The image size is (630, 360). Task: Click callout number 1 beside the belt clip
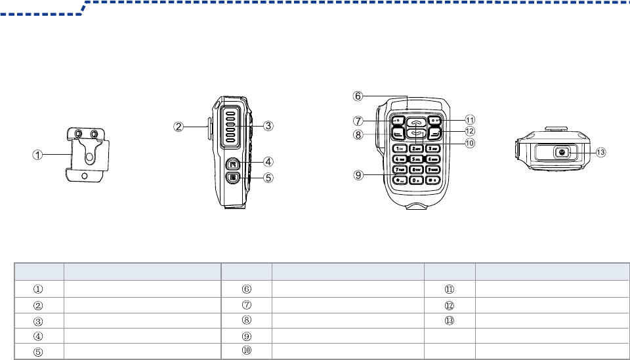point(39,155)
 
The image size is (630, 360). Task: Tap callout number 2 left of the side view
point(178,126)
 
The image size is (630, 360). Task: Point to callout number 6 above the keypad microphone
point(358,96)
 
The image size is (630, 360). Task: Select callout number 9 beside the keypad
point(358,175)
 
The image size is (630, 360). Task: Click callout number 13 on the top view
point(601,152)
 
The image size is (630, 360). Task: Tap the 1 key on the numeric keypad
point(398,149)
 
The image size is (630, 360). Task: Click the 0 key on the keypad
point(415,179)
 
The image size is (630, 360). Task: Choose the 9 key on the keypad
point(432,169)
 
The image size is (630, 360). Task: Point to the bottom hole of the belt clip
point(85,176)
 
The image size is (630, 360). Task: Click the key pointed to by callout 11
point(435,121)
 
